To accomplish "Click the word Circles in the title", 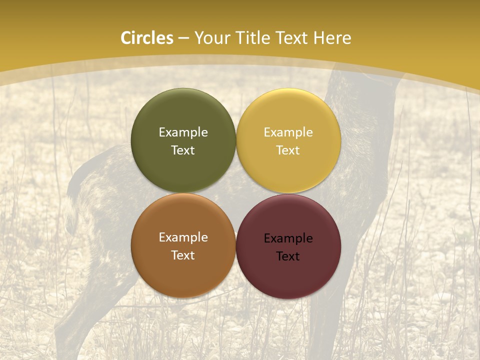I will (x=147, y=38).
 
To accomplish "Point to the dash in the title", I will (x=183, y=38).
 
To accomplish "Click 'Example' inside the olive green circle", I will (x=183, y=132).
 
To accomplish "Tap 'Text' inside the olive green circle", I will (x=183, y=150).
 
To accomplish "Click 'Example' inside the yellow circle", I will (x=288, y=132).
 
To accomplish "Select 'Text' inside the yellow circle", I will (x=288, y=150).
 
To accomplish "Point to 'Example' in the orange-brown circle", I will (x=183, y=237).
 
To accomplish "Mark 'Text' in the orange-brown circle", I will (x=183, y=255).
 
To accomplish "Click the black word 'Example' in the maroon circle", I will (x=288, y=238).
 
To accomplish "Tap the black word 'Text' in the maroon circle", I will (x=288, y=256).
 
